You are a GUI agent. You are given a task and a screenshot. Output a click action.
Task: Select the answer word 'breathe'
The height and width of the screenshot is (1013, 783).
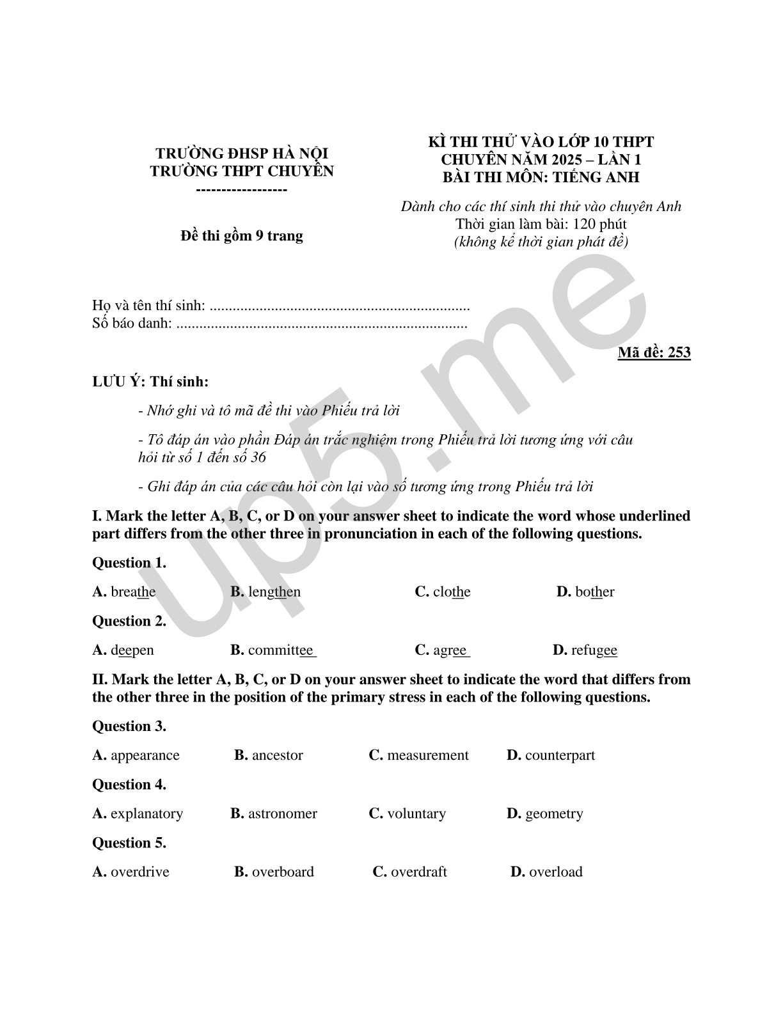click(x=133, y=592)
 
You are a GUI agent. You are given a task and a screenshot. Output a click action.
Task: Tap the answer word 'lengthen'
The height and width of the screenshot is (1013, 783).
click(x=274, y=592)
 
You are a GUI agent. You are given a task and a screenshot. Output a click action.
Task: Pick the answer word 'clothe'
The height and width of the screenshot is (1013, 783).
click(x=452, y=592)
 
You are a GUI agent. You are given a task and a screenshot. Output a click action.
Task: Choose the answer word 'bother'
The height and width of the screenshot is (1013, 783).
click(x=594, y=592)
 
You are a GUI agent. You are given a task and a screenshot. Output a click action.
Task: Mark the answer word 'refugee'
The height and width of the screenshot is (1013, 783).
click(x=594, y=650)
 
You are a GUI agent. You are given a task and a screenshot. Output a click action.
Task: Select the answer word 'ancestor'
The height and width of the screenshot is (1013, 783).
click(x=277, y=755)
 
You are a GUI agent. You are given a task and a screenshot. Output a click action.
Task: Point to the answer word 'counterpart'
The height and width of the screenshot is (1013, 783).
click(x=560, y=755)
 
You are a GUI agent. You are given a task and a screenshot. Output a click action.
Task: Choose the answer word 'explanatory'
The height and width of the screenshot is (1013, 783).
click(x=146, y=813)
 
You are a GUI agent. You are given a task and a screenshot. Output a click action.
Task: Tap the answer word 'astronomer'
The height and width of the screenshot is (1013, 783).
click(x=282, y=813)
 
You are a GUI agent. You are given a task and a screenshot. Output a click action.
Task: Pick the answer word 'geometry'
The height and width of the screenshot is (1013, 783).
click(x=554, y=813)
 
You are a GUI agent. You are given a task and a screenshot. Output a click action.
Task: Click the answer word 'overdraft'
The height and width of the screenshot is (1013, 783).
click(x=418, y=872)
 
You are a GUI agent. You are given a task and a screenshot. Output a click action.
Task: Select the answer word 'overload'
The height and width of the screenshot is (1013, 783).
click(x=555, y=872)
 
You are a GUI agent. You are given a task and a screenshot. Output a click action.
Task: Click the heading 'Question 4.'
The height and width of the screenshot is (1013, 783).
click(x=129, y=784)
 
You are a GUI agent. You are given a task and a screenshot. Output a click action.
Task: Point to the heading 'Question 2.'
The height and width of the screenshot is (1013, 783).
click(x=129, y=621)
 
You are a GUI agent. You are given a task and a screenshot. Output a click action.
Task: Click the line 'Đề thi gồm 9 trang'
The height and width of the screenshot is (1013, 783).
click(x=242, y=236)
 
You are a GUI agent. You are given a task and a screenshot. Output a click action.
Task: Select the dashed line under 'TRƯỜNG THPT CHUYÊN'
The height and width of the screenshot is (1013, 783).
click(x=241, y=191)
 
